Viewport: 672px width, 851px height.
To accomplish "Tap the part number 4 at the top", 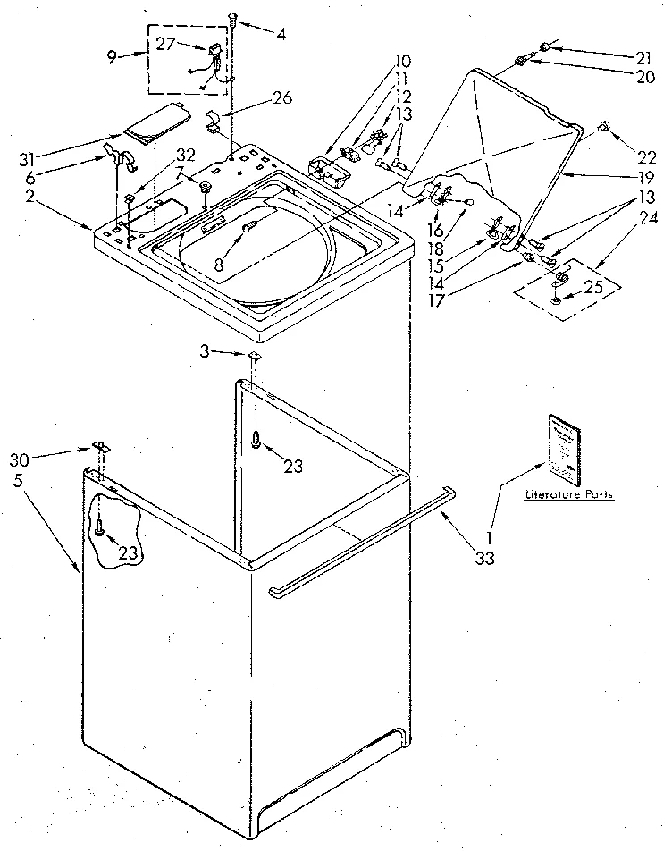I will pos(281,35).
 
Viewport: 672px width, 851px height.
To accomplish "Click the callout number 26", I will pos(283,98).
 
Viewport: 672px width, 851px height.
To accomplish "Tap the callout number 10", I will pos(402,61).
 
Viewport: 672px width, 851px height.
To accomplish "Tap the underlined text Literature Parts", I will pos(569,494).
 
